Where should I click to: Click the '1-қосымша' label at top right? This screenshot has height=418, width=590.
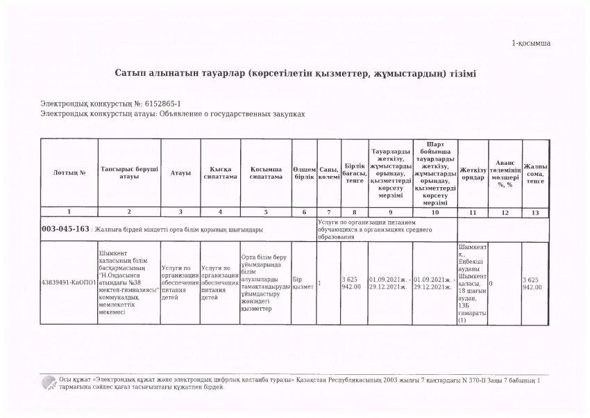tap(531, 43)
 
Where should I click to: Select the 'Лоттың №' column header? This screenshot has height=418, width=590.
tap(69, 172)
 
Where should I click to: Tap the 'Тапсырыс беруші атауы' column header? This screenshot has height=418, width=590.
tap(129, 172)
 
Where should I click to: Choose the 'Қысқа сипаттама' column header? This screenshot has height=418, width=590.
tap(220, 172)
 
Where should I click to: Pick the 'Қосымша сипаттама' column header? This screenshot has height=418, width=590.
tap(266, 172)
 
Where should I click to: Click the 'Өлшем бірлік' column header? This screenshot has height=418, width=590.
tap(304, 172)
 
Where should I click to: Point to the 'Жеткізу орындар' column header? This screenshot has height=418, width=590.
tap(473, 172)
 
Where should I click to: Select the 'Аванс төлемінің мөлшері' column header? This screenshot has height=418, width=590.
tap(505, 172)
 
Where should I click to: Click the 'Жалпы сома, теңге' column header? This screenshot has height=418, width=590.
tap(534, 172)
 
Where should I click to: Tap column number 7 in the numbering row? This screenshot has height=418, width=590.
tap(329, 211)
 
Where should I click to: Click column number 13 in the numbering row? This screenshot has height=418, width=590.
tap(534, 211)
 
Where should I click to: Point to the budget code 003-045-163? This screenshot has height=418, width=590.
tap(65, 228)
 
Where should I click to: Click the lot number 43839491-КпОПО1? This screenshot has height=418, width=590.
tap(69, 284)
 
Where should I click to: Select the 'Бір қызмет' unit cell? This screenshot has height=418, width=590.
tap(303, 284)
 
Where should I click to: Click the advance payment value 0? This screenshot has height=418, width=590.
tap(491, 284)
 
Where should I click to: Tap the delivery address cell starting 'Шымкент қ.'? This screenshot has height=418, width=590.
tap(473, 284)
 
